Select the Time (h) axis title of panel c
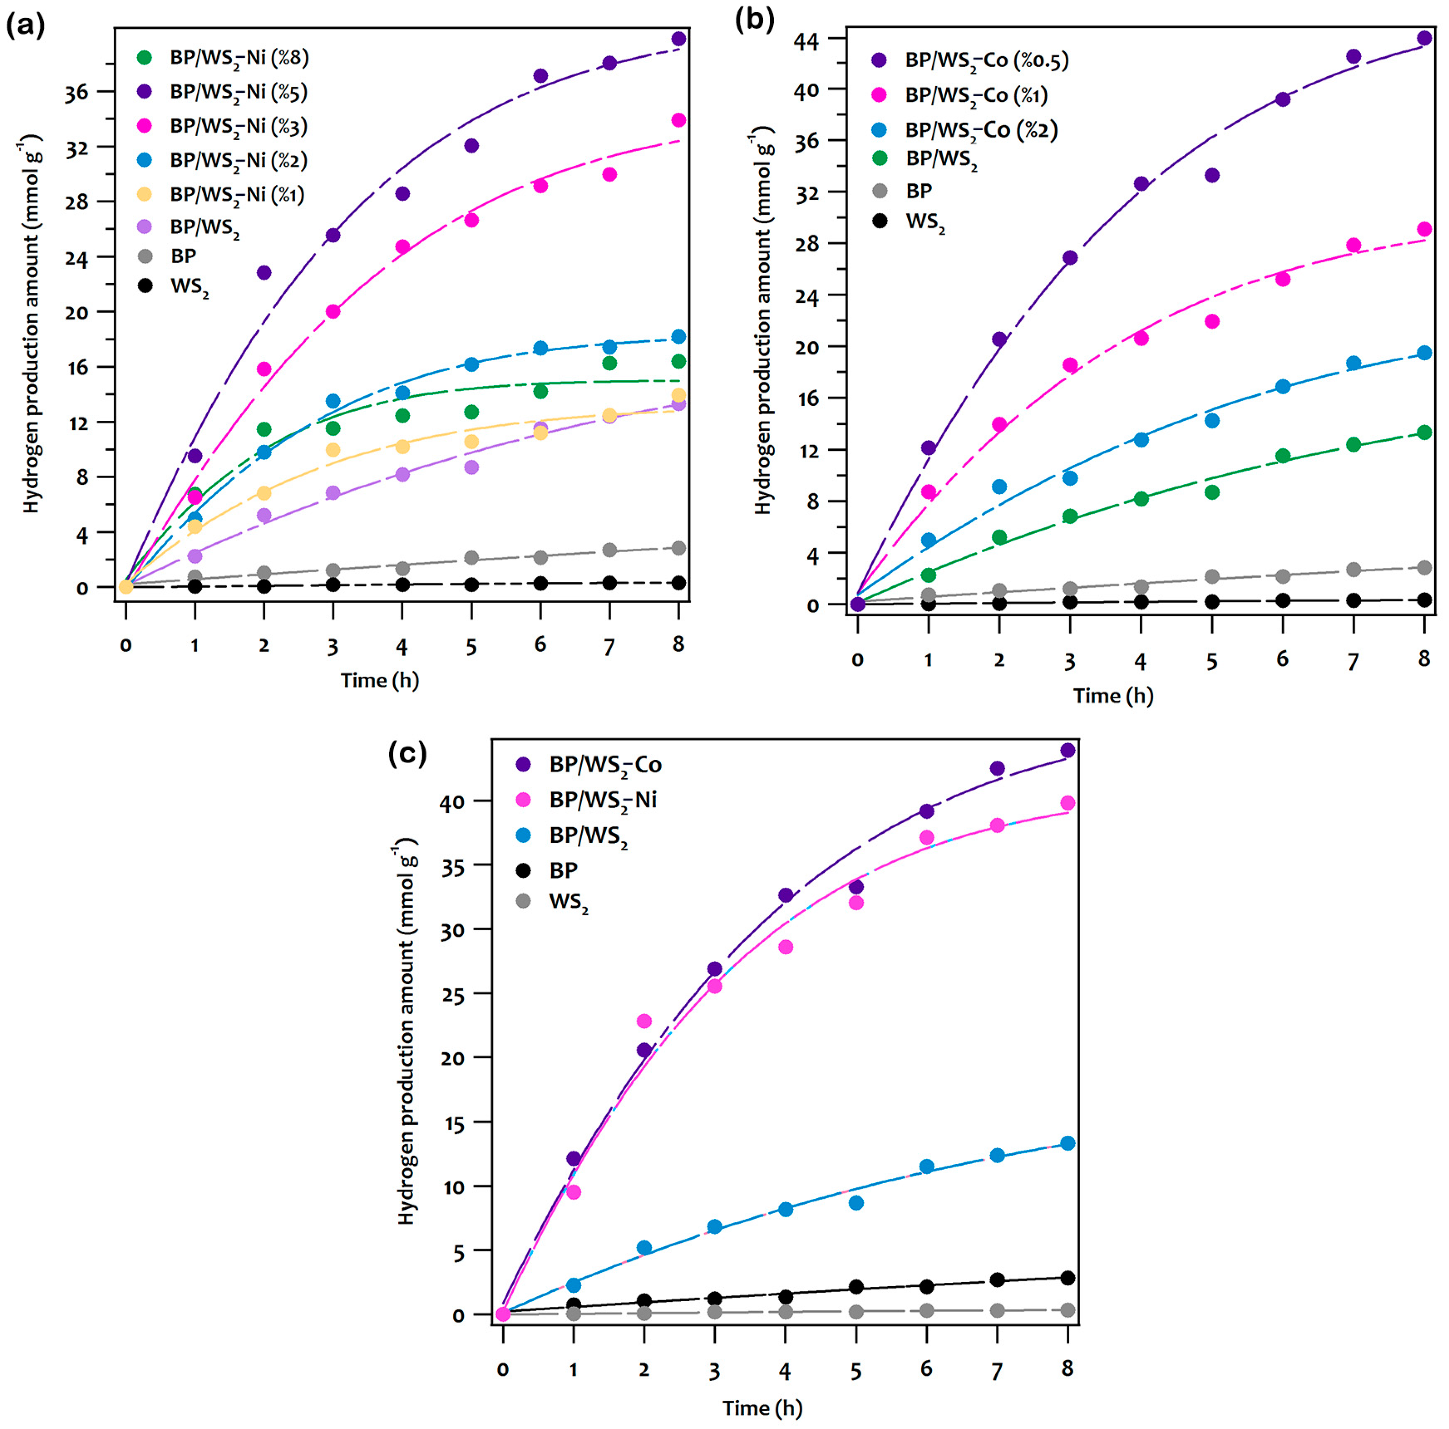[762, 1408]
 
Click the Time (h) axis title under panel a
[380, 680]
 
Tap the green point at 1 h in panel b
[929, 575]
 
